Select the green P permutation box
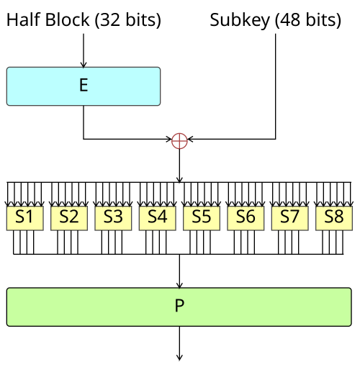(179, 306)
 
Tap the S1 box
(24, 217)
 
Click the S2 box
(68, 217)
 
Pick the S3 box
(113, 217)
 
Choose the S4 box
(157, 217)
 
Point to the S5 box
(202, 217)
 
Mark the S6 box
(246, 217)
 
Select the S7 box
(289, 217)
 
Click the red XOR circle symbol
(179, 140)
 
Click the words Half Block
(48, 20)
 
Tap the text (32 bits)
(127, 20)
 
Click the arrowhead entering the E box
(84, 64)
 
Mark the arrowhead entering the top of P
(179, 284)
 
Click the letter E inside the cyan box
(84, 86)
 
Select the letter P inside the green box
(179, 306)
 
